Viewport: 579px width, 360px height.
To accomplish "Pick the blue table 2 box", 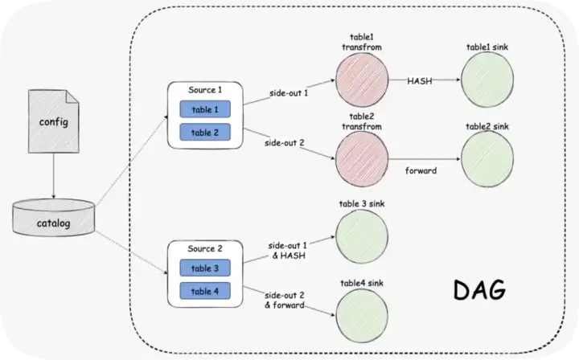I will click(x=204, y=132).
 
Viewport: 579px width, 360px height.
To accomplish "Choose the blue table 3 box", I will click(x=204, y=268).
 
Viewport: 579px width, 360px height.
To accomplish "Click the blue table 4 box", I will click(x=204, y=290).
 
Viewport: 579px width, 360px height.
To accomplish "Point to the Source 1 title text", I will click(x=204, y=89).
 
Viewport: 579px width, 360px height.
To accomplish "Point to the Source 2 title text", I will click(x=204, y=248).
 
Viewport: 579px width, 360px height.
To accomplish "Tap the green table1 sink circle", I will click(x=488, y=81).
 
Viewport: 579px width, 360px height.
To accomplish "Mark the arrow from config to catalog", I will click(x=53, y=174).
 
